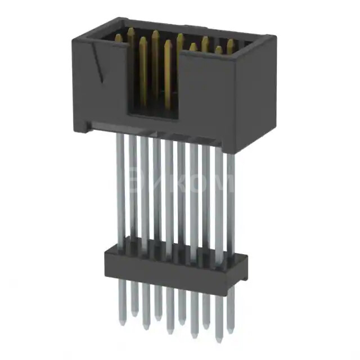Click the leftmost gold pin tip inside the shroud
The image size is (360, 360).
tap(118, 37)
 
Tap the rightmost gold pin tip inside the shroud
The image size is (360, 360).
tap(231, 43)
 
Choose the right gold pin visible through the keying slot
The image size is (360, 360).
tap(168, 76)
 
